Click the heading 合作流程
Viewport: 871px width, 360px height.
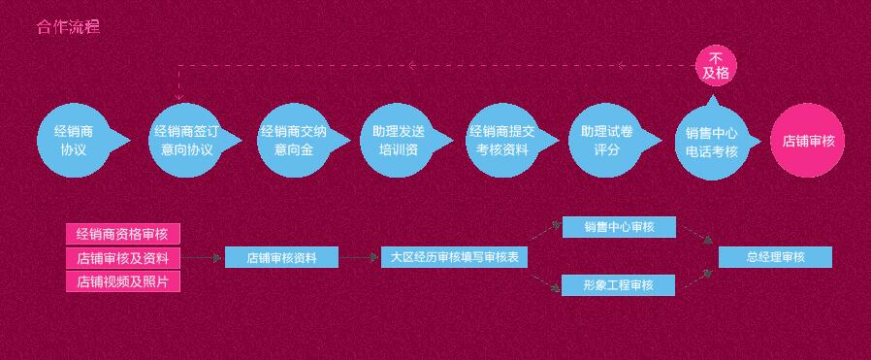[68, 27]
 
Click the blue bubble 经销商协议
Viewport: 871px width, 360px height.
[74, 141]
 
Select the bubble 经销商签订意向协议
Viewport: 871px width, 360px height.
[185, 141]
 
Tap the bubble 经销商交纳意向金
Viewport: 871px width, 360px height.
[293, 141]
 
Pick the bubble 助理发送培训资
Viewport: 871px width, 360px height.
[397, 141]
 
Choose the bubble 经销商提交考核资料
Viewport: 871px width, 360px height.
[502, 141]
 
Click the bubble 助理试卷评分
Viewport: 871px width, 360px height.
[606, 141]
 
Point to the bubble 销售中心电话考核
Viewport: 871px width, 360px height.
[712, 142]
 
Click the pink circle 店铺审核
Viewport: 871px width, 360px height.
[807, 141]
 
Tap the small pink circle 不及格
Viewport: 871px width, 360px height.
[716, 65]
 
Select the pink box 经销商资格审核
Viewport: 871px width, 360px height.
[122, 234]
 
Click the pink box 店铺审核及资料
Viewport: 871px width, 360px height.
[122, 258]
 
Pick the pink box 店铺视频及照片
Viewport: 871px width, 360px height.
[122, 282]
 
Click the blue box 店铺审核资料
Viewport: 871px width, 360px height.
[281, 258]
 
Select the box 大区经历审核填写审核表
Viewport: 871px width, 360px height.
[454, 258]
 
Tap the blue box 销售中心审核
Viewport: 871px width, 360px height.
[619, 227]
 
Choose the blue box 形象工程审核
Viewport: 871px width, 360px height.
[619, 285]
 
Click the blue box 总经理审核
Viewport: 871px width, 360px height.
[775, 257]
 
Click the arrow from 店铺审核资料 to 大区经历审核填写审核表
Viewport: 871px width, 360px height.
[359, 258]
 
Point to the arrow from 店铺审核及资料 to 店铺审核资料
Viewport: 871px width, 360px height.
[203, 258]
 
